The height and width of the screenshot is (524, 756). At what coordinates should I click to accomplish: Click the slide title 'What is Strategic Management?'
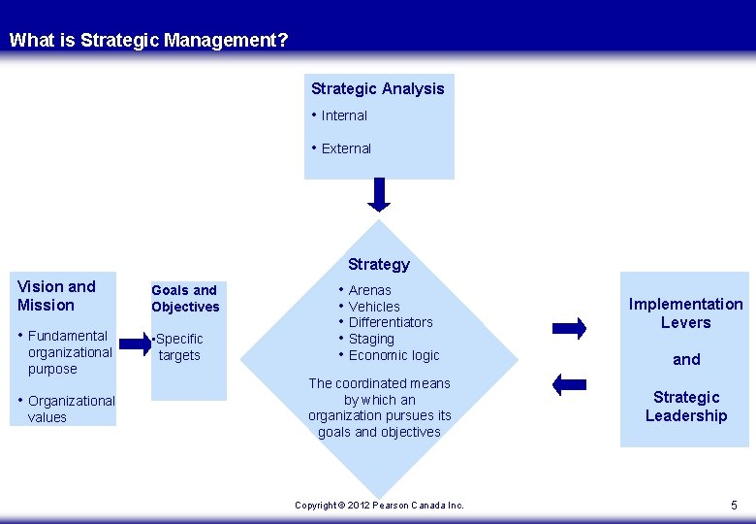(x=148, y=41)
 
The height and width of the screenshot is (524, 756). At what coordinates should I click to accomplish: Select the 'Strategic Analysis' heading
(x=377, y=88)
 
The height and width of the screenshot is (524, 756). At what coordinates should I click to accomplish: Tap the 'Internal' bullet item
(x=344, y=115)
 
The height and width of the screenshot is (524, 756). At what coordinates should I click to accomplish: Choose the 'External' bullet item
(x=346, y=148)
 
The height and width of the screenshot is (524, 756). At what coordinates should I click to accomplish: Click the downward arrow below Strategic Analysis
(x=380, y=194)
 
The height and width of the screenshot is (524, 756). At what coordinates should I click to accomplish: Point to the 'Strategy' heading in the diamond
(x=379, y=264)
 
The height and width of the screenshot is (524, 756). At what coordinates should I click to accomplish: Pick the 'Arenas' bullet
(x=369, y=290)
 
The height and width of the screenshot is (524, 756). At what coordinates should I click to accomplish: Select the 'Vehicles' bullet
(x=374, y=307)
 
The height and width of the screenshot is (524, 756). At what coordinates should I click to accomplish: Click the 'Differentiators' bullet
(x=391, y=322)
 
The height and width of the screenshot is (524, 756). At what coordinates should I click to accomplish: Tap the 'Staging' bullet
(x=371, y=339)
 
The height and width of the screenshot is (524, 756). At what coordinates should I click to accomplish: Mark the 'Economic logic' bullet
(x=394, y=355)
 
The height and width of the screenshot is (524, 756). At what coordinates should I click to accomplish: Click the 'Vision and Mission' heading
(x=56, y=295)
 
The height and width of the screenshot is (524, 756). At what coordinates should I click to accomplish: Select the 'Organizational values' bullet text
(x=71, y=409)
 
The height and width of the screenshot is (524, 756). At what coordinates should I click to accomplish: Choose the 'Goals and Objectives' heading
(x=185, y=298)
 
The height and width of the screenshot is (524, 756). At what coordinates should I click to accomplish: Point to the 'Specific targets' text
(x=179, y=346)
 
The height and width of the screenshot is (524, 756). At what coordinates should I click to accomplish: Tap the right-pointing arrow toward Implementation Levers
(x=569, y=328)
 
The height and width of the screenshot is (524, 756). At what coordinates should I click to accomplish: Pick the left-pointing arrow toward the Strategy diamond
(x=569, y=384)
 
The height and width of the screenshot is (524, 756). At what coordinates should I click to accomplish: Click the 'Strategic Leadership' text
(x=686, y=406)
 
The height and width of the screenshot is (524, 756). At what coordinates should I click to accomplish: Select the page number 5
(x=734, y=505)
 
